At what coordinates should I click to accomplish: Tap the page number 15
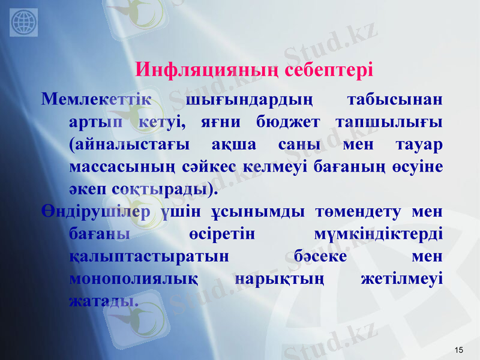(x=459, y=350)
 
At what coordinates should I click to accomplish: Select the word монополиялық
(x=134, y=280)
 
